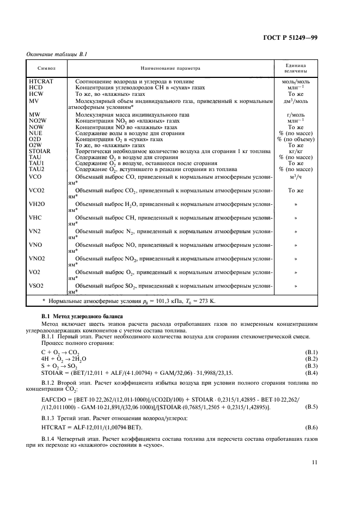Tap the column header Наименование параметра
pyautogui.click(x=170, y=69)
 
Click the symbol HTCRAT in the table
pyautogui.click(x=41, y=81)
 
